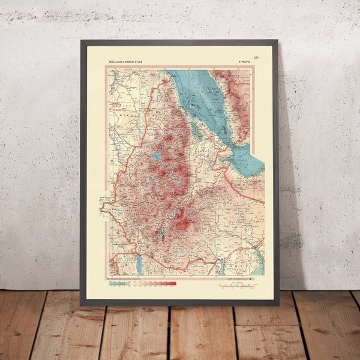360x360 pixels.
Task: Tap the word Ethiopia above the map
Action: [246, 61]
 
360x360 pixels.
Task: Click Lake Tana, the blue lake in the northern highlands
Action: [156, 155]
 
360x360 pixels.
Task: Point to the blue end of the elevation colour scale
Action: [114, 283]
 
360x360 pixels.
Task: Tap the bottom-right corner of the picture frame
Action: [278, 305]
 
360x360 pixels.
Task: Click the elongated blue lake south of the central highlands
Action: [160, 232]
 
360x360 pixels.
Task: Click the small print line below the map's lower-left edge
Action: [128, 278]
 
